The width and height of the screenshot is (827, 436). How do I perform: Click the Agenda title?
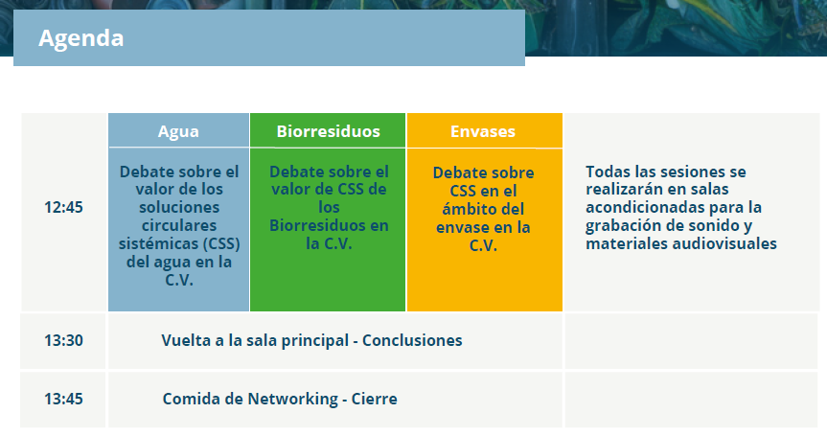point(81,38)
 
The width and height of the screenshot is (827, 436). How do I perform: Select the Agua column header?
point(178,132)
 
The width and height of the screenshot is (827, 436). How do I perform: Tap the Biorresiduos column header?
point(328,131)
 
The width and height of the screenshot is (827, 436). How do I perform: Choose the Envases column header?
point(483,131)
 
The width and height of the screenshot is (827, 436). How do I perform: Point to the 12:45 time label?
point(63,207)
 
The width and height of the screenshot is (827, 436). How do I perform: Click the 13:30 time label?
point(63,340)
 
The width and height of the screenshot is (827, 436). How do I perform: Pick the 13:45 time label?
point(63,399)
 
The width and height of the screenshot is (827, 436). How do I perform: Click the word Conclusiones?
point(412,340)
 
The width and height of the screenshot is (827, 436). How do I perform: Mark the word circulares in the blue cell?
point(179,225)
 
